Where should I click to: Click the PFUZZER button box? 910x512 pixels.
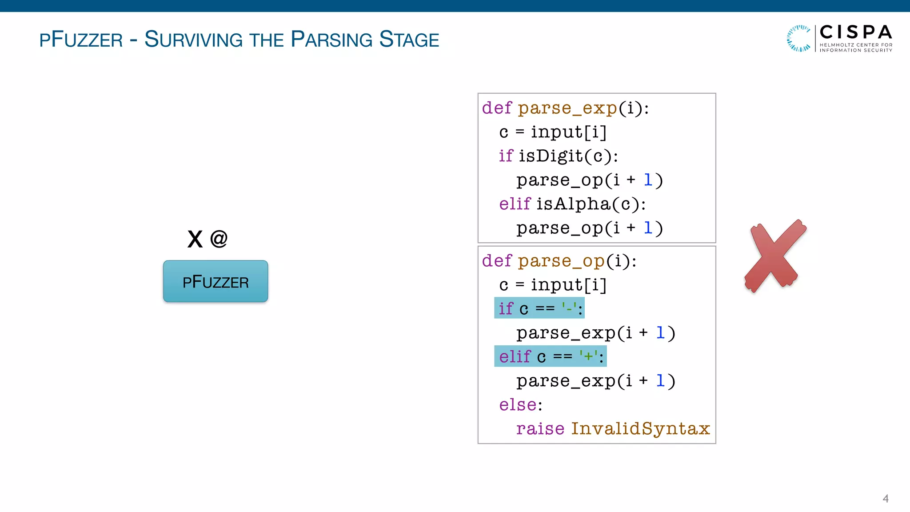[216, 281]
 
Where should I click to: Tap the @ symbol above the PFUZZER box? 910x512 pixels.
[219, 239]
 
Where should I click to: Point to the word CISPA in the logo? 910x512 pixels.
[855, 32]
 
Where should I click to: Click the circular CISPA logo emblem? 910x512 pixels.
[799, 38]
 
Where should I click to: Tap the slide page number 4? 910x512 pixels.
[885, 499]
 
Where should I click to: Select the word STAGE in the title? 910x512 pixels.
[409, 40]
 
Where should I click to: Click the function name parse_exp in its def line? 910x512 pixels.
[567, 108]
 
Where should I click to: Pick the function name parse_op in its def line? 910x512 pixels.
[561, 261]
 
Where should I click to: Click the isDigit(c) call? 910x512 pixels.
[568, 156]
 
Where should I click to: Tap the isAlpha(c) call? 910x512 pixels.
[590, 204]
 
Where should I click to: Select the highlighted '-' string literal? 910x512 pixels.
[569, 308]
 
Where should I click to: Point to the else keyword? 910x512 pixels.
[518, 405]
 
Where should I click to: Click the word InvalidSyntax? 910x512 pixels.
[640, 429]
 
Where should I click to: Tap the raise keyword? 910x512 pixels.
[540, 429]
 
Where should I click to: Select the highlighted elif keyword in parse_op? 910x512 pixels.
[515, 356]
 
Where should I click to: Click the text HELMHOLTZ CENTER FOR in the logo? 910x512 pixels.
[855, 45]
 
